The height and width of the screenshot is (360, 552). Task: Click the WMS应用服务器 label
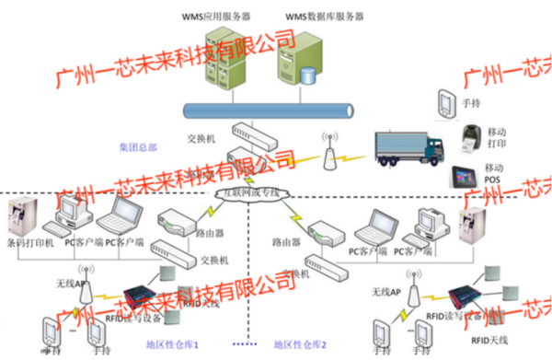[x=215, y=16]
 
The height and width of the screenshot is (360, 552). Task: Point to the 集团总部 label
[x=138, y=147]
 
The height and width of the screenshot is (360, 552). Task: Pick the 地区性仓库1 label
[x=174, y=344]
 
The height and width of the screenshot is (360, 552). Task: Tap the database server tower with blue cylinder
[x=304, y=60]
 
